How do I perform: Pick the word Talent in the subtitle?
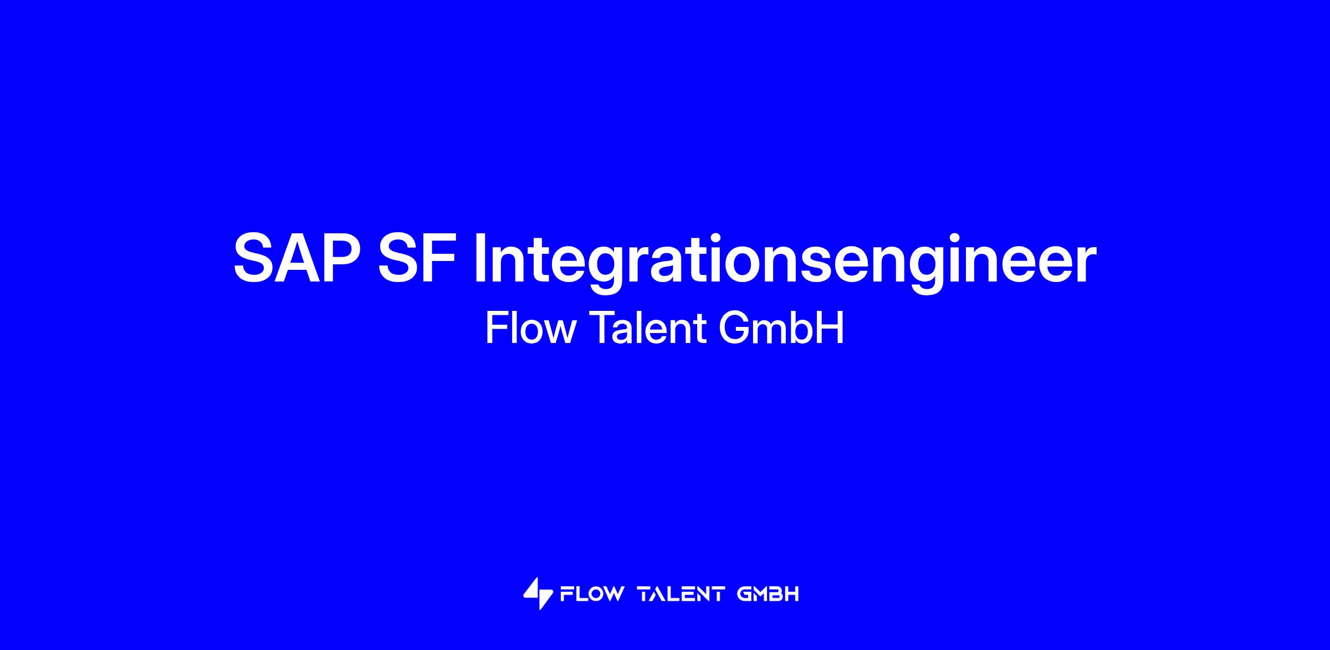(647, 328)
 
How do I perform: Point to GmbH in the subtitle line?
(781, 328)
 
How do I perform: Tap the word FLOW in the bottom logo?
(591, 595)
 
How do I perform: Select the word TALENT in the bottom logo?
(681, 595)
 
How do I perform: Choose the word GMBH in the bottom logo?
(768, 595)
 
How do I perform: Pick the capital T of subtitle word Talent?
(601, 328)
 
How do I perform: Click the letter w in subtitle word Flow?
(560, 332)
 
